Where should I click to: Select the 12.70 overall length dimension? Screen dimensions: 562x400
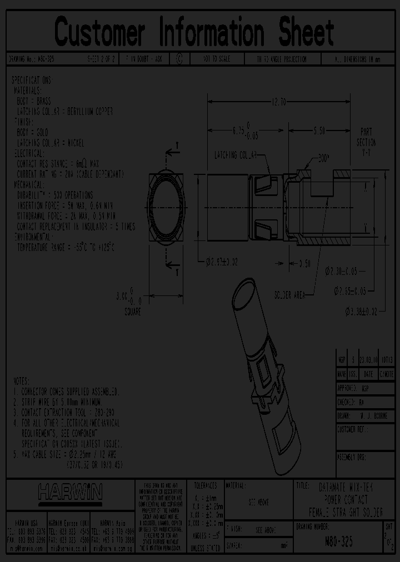(278, 102)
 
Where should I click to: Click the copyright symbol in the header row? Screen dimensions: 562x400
(178, 58)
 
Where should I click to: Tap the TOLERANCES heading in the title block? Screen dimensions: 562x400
(204, 485)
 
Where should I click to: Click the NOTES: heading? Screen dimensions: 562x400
(22, 380)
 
